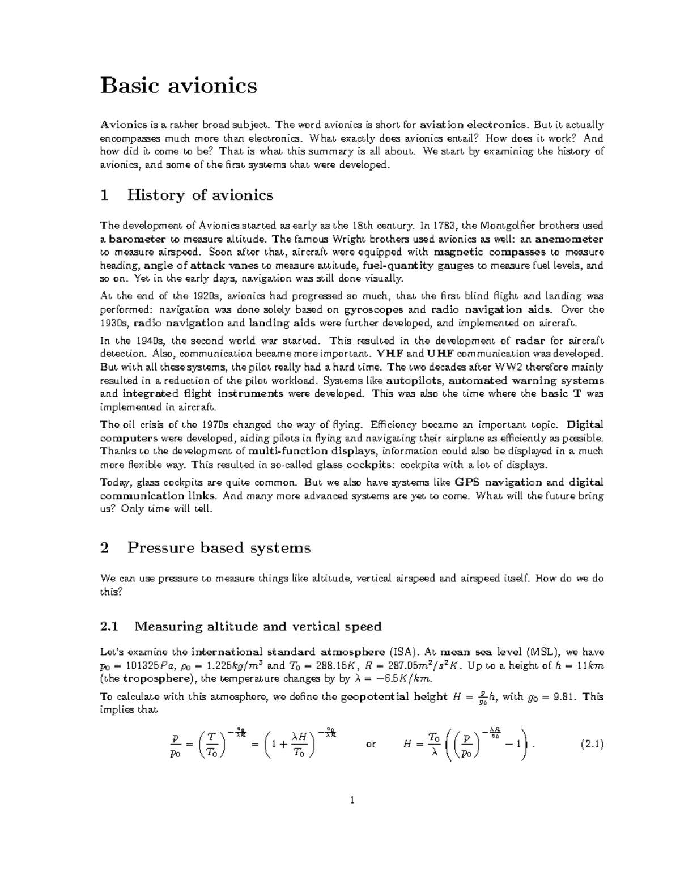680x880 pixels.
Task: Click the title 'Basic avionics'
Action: tap(178, 86)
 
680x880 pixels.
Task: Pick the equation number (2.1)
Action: tap(592, 745)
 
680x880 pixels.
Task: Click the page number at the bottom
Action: tap(352, 801)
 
